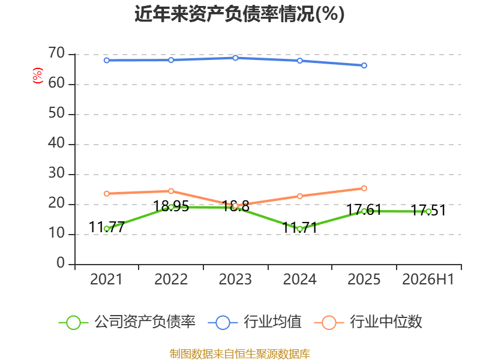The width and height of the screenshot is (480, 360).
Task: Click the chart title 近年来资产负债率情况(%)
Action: tap(239, 14)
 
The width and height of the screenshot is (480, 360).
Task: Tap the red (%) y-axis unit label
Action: tap(38, 76)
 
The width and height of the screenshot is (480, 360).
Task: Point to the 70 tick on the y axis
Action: tap(56, 53)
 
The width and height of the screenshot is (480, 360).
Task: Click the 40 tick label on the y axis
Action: tap(56, 143)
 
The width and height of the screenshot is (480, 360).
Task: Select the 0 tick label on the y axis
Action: tap(61, 263)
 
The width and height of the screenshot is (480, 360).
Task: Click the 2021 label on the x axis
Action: tap(106, 279)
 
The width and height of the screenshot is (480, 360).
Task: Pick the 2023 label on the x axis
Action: tap(235, 279)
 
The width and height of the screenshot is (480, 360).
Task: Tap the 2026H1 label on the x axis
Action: tap(428, 279)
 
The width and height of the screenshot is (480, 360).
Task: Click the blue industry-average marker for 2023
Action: tap(235, 58)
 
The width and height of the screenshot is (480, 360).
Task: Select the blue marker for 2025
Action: tap(364, 65)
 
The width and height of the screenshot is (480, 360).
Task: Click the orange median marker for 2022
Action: tap(171, 191)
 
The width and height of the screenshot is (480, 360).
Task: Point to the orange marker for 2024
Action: tap(299, 196)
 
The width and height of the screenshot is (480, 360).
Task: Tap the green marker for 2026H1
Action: tap(428, 212)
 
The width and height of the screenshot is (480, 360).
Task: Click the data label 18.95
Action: tap(171, 206)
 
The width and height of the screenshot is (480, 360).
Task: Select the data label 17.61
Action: tap(364, 210)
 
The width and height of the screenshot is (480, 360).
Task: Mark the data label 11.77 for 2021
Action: tap(107, 227)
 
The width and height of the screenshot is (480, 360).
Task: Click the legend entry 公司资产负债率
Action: tap(127, 322)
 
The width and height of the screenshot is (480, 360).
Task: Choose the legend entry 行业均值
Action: tap(254, 322)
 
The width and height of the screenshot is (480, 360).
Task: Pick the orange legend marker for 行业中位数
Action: tap(329, 323)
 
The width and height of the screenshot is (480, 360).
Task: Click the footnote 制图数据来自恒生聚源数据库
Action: tap(239, 354)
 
